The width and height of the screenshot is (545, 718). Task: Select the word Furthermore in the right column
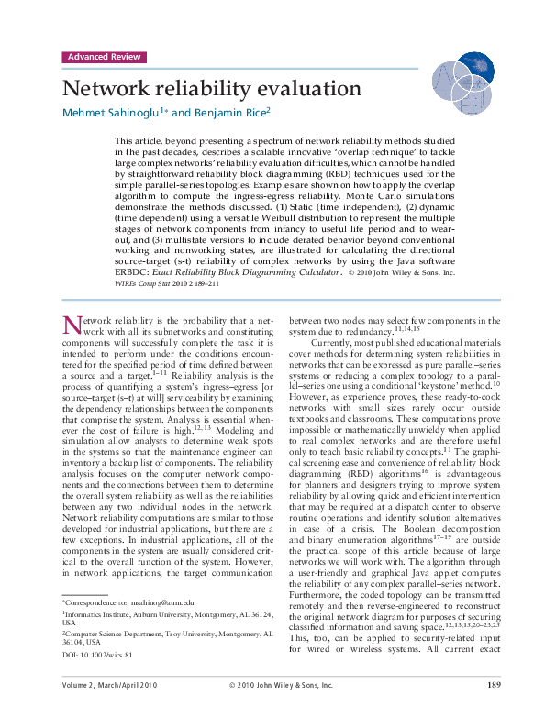[317, 595]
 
